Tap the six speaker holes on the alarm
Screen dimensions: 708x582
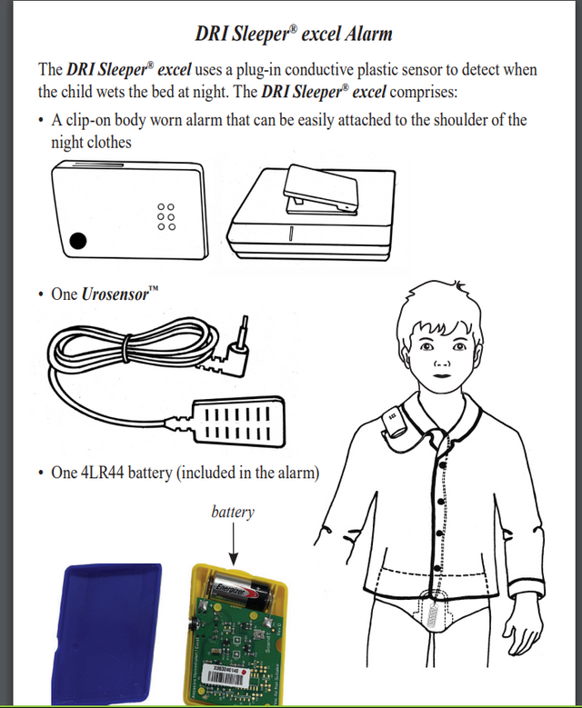pos(166,216)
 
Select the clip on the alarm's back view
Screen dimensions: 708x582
pos(318,190)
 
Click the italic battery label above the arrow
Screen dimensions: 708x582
pos(233,512)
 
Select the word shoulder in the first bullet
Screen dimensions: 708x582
pos(441,120)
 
